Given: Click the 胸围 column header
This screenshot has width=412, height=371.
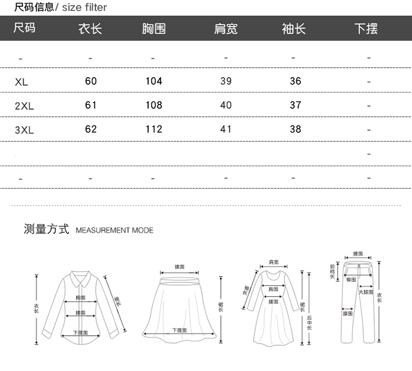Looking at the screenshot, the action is pos(153,29).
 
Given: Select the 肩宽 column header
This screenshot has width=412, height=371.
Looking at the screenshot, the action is pos(225,29).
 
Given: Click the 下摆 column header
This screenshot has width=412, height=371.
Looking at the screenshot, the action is pos(366,29).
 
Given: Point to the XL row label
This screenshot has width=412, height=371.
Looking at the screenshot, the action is pos(21,82).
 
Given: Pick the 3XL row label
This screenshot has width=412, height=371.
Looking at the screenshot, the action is pos(24,130).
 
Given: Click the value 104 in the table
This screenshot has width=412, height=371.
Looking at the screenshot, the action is pos(154,81).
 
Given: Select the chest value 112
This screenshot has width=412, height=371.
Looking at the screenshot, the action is pos(154,129).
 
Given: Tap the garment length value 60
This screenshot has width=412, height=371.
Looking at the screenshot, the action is pos(91,81).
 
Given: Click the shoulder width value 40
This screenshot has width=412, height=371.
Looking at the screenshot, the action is pos(226,105).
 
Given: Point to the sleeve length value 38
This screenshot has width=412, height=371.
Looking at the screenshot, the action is pos(296,129).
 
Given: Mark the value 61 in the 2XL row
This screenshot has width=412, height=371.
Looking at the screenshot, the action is pos(91,105).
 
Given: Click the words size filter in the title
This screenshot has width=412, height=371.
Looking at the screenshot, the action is pos(85,8).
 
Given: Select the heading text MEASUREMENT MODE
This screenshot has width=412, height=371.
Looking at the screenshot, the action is pos(114,230).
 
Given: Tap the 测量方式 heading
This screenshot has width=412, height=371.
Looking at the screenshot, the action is pos(46,229).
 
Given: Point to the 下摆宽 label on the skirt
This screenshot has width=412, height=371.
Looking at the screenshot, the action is pos(179,330).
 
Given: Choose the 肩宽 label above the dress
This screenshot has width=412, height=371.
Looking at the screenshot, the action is pos(274,262).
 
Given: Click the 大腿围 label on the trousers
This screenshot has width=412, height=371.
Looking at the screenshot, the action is pos(366,292).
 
